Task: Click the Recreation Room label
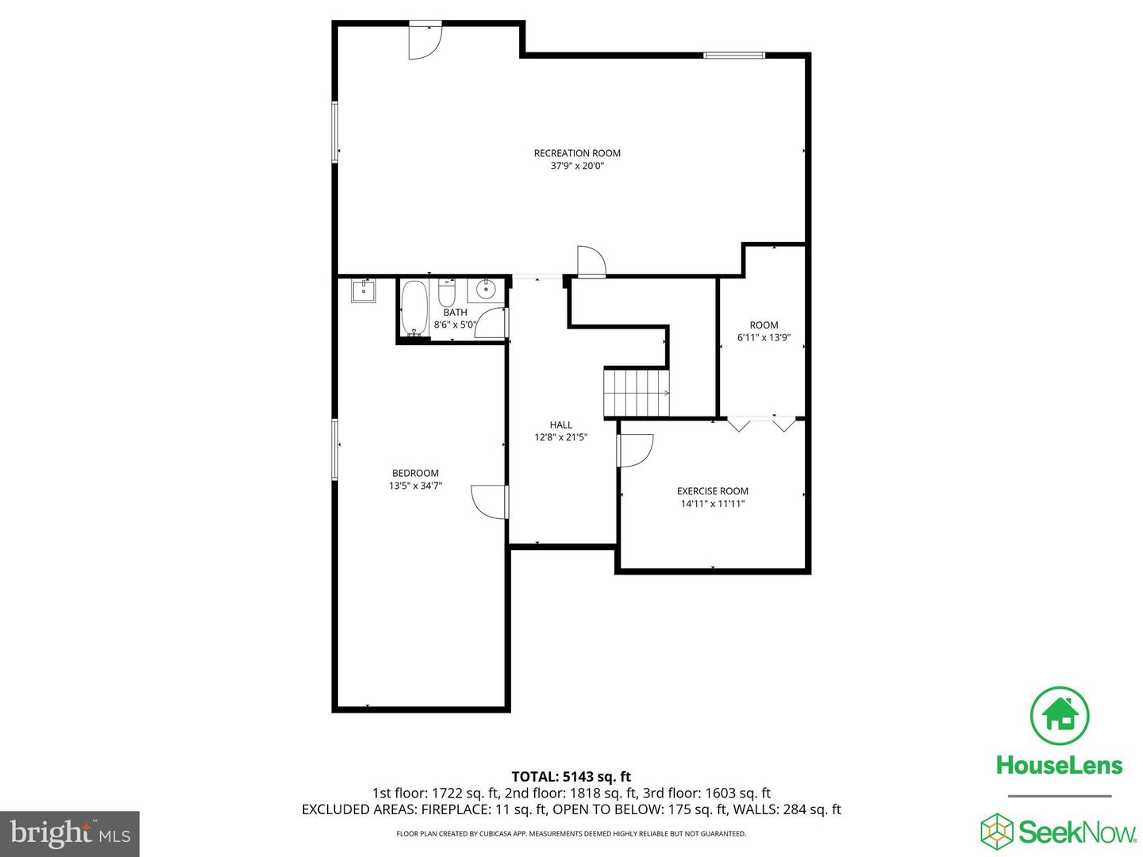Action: point(577,153)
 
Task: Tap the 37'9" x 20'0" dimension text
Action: point(577,167)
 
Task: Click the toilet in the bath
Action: point(447,294)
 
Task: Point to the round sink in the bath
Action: point(485,290)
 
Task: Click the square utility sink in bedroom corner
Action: point(364,290)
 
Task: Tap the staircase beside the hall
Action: point(637,392)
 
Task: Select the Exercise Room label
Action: point(712,491)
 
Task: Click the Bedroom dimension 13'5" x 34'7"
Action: point(415,486)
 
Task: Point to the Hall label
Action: point(560,425)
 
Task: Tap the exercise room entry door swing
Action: point(634,451)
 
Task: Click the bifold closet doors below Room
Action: point(762,424)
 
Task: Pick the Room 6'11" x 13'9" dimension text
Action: point(764,338)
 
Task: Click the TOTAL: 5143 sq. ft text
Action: point(571,777)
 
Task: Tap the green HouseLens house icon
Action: point(1059,715)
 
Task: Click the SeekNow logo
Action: point(1059,832)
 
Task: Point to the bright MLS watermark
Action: point(70,834)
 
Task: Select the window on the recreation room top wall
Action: point(734,56)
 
